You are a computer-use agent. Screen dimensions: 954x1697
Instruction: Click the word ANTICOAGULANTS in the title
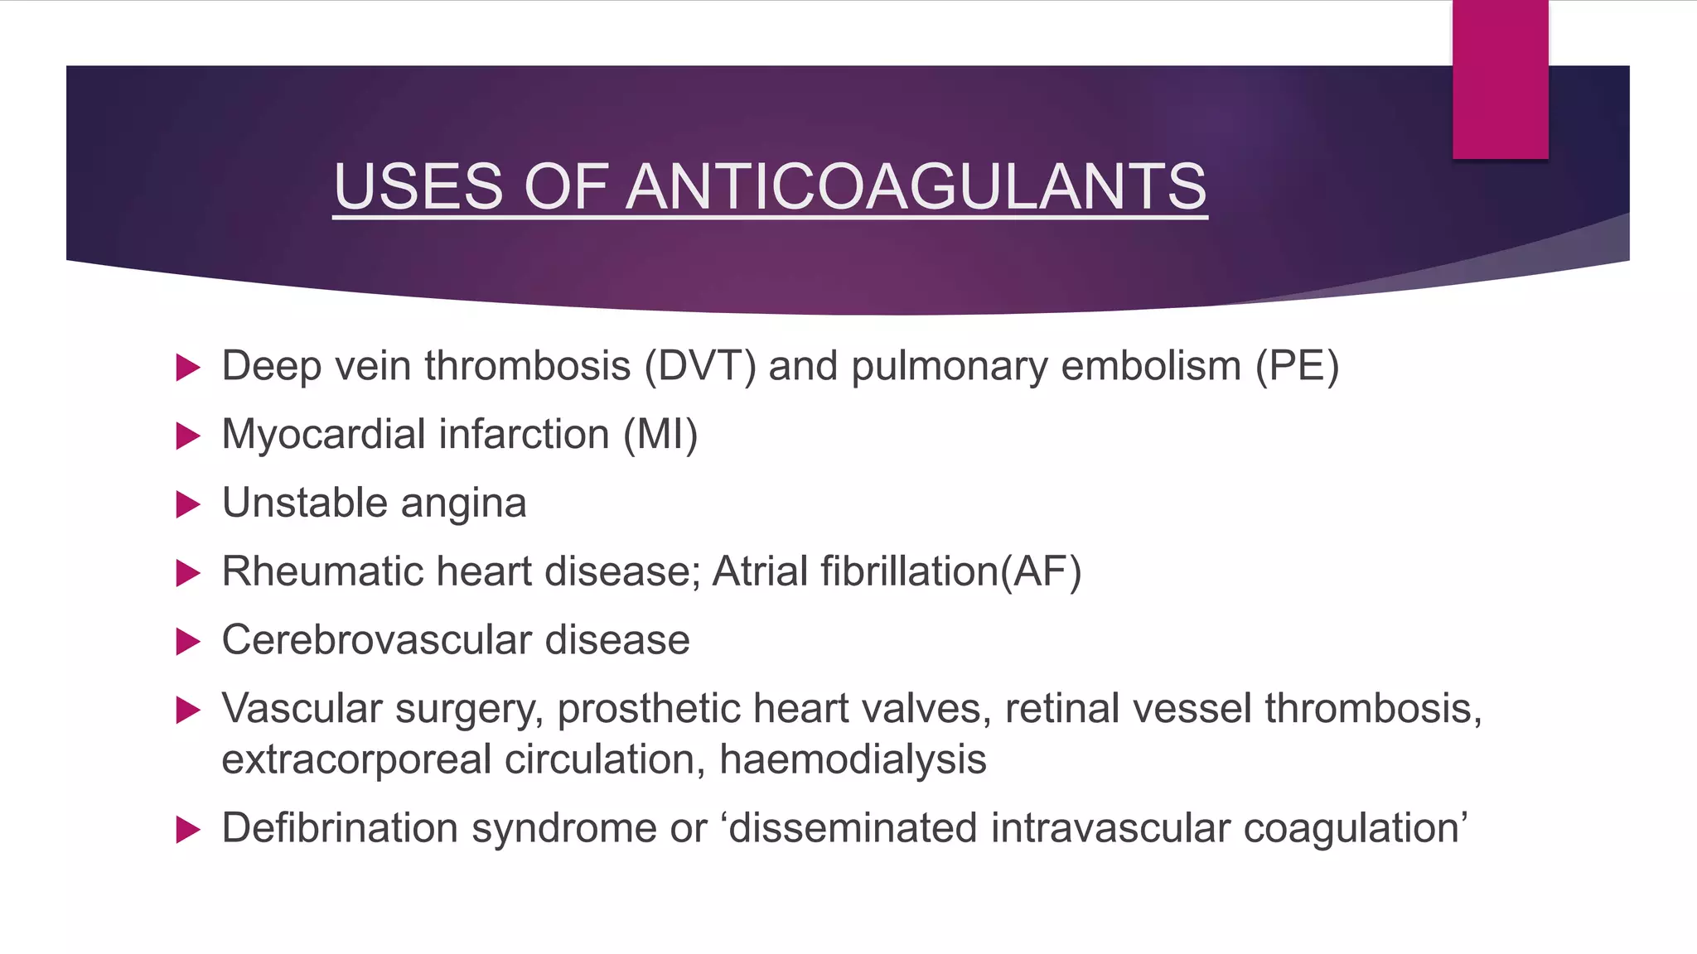click(916, 186)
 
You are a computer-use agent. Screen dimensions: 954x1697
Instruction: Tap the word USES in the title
click(418, 186)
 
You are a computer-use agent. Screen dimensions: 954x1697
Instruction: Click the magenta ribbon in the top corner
click(1500, 79)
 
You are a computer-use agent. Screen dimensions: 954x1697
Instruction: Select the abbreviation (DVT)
click(700, 366)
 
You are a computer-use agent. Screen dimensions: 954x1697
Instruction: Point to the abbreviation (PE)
click(1297, 366)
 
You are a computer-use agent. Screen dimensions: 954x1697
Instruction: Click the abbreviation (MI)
click(660, 435)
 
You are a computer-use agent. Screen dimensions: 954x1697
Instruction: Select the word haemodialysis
click(853, 759)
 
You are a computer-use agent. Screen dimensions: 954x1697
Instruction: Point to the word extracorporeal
click(356, 759)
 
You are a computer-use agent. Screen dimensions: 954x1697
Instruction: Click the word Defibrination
click(340, 828)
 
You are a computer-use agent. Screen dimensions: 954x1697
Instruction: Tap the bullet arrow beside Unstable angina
click(189, 504)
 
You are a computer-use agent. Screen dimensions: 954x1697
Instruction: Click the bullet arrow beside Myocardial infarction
click(189, 436)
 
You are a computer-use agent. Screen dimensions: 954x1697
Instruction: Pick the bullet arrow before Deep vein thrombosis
click(189, 367)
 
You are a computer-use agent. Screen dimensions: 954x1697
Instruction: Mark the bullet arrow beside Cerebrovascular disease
click(189, 641)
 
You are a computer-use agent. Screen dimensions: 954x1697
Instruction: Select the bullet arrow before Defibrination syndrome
click(189, 829)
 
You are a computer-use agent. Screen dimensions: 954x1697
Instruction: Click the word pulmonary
click(950, 366)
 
